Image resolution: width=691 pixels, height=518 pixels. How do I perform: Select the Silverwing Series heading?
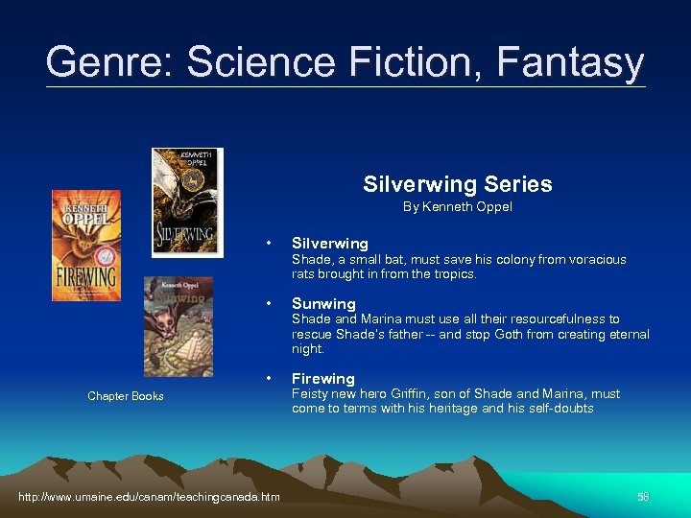point(457,184)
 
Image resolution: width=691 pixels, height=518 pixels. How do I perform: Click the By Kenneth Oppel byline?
point(457,206)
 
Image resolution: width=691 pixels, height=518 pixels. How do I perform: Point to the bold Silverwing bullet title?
point(329,244)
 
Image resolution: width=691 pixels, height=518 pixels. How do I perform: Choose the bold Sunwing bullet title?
point(323,303)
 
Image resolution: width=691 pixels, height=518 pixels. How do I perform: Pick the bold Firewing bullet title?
point(323,378)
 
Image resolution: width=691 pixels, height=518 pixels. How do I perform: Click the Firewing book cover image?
point(86,246)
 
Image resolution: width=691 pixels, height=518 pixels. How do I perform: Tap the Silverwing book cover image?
point(186,202)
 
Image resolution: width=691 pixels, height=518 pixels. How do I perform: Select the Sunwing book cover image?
point(178,326)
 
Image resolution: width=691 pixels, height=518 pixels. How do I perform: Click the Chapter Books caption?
point(126,396)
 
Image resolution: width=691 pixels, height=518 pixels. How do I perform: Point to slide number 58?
point(643,496)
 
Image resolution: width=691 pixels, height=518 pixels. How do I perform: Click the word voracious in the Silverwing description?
point(595,260)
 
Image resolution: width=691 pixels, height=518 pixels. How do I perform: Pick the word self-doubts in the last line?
point(561,409)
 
